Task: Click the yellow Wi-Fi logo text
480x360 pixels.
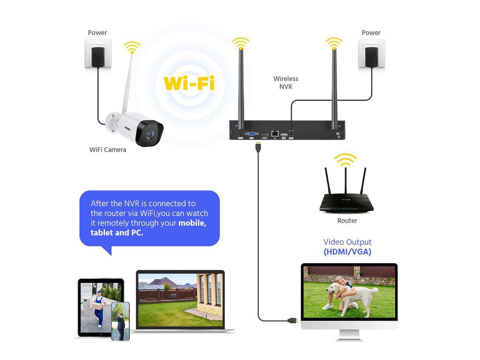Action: pyautogui.click(x=189, y=83)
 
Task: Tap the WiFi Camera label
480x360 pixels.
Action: pyautogui.click(x=108, y=150)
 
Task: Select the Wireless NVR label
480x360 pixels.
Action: pyautogui.click(x=285, y=82)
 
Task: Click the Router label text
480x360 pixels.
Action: pyautogui.click(x=347, y=220)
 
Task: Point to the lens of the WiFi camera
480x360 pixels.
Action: pyautogui.click(x=150, y=133)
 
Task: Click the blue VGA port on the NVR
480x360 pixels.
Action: pyautogui.click(x=251, y=133)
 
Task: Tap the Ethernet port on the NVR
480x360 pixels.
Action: pyautogui.click(x=275, y=133)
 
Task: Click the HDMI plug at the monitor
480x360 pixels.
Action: pyautogui.click(x=293, y=321)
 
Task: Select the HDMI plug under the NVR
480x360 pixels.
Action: pyautogui.click(x=258, y=147)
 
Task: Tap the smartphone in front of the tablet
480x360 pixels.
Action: pyautogui.click(x=120, y=321)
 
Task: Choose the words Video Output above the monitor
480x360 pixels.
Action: pyautogui.click(x=347, y=242)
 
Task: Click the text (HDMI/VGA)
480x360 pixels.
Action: pyautogui.click(x=347, y=252)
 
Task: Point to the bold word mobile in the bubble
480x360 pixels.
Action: pyautogui.click(x=192, y=223)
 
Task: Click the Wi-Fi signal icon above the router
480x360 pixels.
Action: pyautogui.click(x=345, y=160)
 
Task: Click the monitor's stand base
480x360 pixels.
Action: pyautogui.click(x=349, y=339)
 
